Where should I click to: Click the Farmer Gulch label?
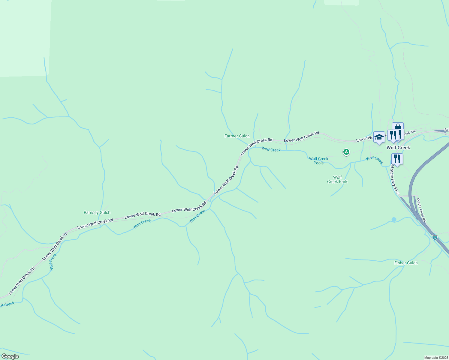[x=237, y=136]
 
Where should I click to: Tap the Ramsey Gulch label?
[x=97, y=212]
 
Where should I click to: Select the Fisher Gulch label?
[x=406, y=263]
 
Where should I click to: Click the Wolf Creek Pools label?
[x=318, y=161]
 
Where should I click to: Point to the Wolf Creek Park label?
[x=337, y=179]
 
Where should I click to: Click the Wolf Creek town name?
[x=398, y=148]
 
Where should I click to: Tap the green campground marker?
[x=346, y=152]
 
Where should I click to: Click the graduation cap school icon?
[x=379, y=137]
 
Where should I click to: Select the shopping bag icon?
[x=398, y=127]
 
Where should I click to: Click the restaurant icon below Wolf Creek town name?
[x=397, y=159]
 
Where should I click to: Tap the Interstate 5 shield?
[x=435, y=237]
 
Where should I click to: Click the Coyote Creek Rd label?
[x=421, y=210]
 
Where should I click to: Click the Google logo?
[x=10, y=356]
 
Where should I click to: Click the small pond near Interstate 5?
[x=394, y=220]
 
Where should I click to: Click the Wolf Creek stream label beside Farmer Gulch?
[x=271, y=149]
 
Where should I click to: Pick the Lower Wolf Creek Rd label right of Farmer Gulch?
[x=301, y=137]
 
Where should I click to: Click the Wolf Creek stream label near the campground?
[x=374, y=160]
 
